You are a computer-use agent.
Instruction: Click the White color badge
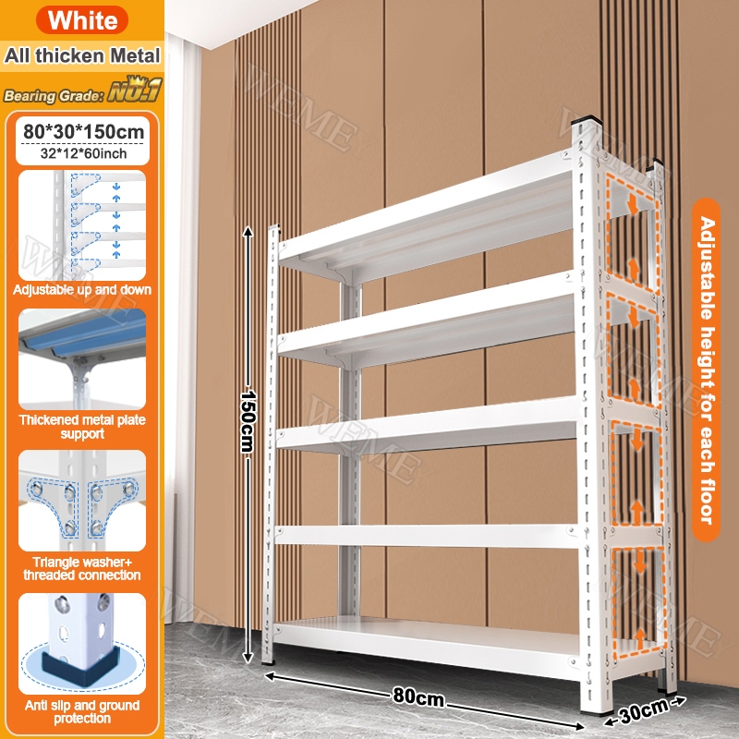(82, 19)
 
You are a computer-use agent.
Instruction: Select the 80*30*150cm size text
(83, 131)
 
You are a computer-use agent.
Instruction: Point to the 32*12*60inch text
(83, 153)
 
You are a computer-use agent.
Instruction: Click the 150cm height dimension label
(248, 421)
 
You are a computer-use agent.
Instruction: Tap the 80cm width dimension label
(418, 697)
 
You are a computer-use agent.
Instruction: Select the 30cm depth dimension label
(644, 710)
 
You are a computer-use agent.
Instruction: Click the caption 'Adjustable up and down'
(82, 289)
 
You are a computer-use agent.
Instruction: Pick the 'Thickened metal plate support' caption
(82, 427)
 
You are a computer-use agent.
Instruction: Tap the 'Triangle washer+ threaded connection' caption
(82, 568)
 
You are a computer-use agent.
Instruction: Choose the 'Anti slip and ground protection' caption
(82, 711)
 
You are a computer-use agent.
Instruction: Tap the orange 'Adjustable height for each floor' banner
(706, 369)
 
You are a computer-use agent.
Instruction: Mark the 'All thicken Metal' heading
(82, 55)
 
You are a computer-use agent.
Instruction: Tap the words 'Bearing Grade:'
(54, 96)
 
